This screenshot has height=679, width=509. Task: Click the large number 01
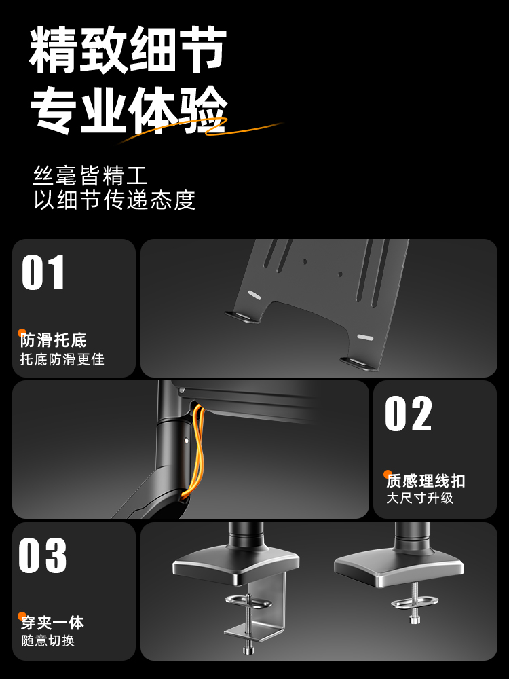[43, 272]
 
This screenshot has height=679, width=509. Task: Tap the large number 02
[408, 413]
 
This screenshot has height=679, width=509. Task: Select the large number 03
[42, 555]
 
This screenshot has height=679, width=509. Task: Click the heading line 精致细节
[128, 50]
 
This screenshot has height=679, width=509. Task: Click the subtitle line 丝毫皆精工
[90, 175]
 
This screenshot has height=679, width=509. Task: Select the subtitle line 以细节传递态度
[114, 200]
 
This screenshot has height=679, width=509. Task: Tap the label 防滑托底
[53, 340]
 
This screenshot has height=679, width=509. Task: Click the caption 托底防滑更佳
[62, 359]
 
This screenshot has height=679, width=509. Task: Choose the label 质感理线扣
[426, 481]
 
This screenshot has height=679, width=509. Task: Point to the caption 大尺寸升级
[419, 498]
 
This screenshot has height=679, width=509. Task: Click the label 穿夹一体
[52, 623]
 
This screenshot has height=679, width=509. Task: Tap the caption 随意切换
[48, 640]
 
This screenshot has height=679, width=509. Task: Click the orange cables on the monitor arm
[197, 450]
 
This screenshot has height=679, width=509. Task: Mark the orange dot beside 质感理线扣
[388, 474]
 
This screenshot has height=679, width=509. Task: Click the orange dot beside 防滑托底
[22, 333]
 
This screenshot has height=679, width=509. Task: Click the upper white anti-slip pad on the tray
[254, 295]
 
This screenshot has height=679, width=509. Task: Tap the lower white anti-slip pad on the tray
[365, 337]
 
